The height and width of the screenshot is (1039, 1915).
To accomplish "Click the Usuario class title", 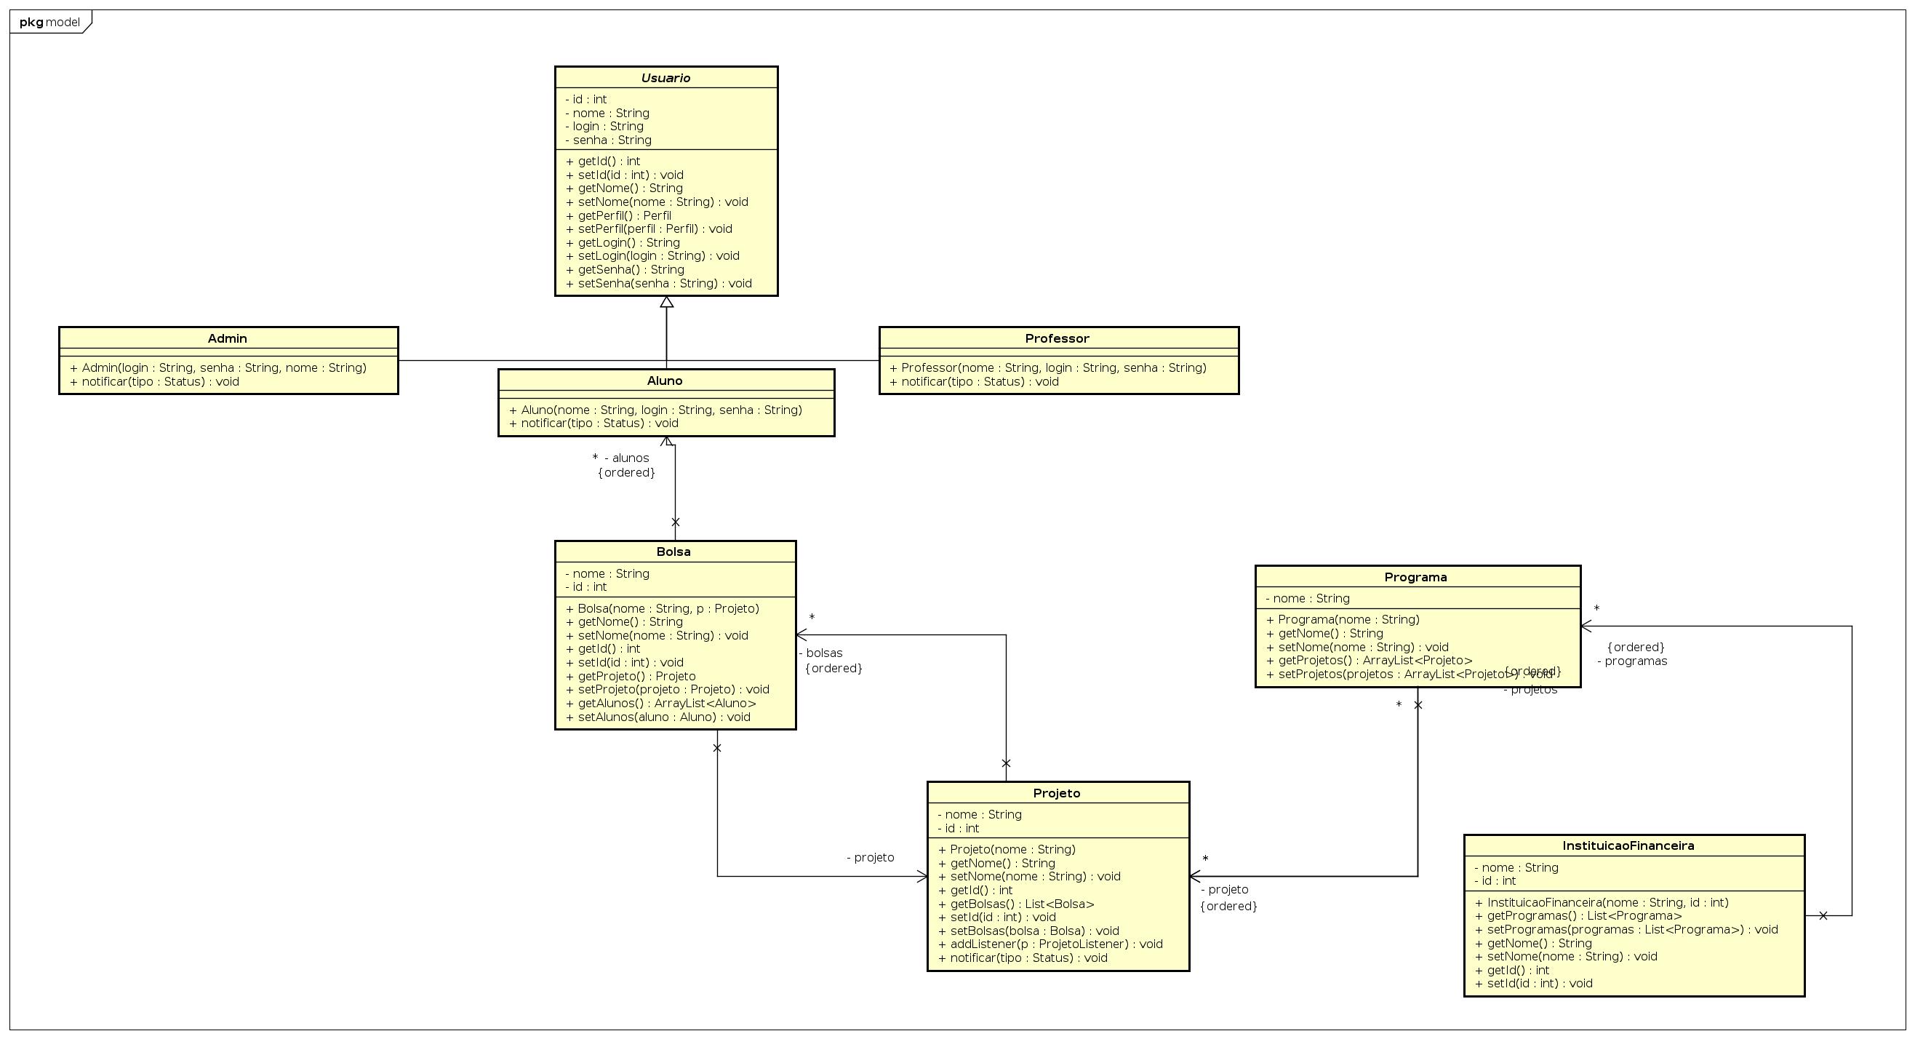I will [x=665, y=78].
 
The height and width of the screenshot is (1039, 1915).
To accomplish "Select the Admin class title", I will [x=228, y=338].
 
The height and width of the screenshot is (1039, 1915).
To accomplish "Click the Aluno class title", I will [x=665, y=381].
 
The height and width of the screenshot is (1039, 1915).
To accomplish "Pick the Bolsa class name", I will [x=673, y=552].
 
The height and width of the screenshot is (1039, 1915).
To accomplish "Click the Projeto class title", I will [x=1056, y=793].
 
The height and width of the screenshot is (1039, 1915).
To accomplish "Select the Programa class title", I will [x=1415, y=577].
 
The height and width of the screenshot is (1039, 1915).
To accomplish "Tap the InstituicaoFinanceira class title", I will [x=1628, y=845].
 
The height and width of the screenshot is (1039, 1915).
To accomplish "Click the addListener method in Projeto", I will [x=1050, y=944].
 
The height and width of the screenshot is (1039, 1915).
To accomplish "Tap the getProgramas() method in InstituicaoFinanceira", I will [x=1578, y=915].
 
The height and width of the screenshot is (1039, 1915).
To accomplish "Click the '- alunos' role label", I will [x=627, y=458].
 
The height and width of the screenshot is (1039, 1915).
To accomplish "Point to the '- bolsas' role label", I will [x=820, y=653].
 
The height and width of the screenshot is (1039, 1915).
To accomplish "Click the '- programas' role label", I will [x=1632, y=661].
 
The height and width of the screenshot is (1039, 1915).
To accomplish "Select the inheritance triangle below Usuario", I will [x=667, y=302].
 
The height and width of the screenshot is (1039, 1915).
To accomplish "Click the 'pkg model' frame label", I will [x=49, y=23].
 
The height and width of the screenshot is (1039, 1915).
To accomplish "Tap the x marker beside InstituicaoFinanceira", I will [x=1823, y=915].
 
